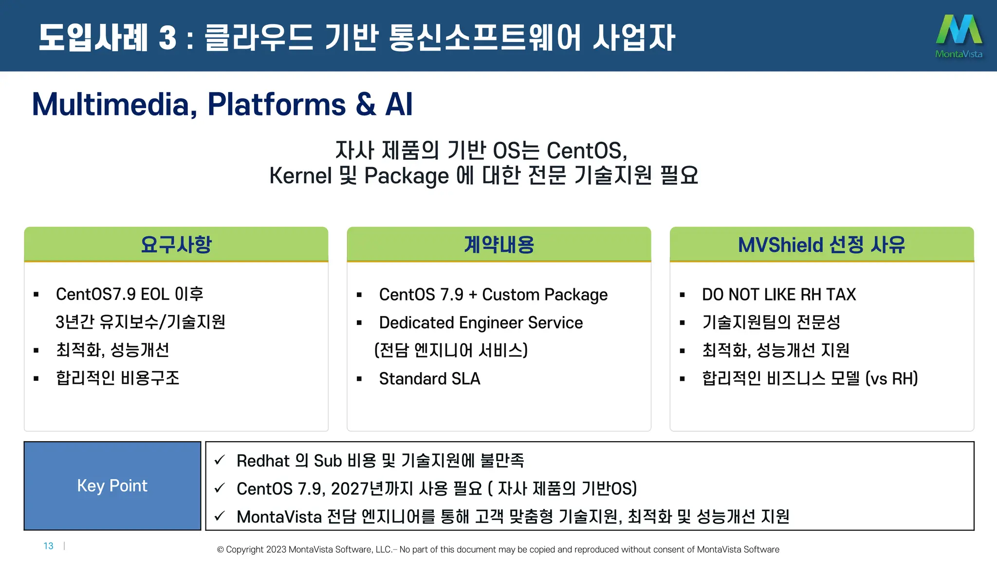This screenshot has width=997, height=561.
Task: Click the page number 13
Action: click(x=48, y=546)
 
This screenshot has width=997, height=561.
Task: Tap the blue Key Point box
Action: click(x=112, y=486)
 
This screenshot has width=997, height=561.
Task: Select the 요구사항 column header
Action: click(x=176, y=244)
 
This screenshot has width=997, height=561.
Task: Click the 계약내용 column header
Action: click(x=499, y=244)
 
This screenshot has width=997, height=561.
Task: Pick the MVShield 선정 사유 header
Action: click(x=822, y=244)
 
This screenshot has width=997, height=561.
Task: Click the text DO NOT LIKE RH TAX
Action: click(x=778, y=295)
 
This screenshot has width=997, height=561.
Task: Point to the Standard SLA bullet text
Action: click(x=429, y=379)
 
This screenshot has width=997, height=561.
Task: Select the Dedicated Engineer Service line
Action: click(x=480, y=323)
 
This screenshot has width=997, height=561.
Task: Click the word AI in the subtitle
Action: click(x=399, y=104)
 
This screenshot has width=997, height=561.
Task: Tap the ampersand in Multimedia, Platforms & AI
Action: click(x=366, y=104)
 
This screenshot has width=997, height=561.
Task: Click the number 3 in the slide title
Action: click(x=167, y=38)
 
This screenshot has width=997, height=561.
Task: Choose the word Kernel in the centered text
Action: click(x=300, y=176)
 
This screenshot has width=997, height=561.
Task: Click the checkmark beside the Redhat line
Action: click(x=220, y=460)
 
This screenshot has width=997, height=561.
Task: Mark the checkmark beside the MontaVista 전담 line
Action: click(x=220, y=516)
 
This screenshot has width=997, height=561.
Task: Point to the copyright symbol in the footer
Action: click(x=221, y=550)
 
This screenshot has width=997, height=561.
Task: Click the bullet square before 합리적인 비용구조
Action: click(x=36, y=378)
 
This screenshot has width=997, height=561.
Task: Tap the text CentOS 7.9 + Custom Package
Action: click(x=493, y=295)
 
